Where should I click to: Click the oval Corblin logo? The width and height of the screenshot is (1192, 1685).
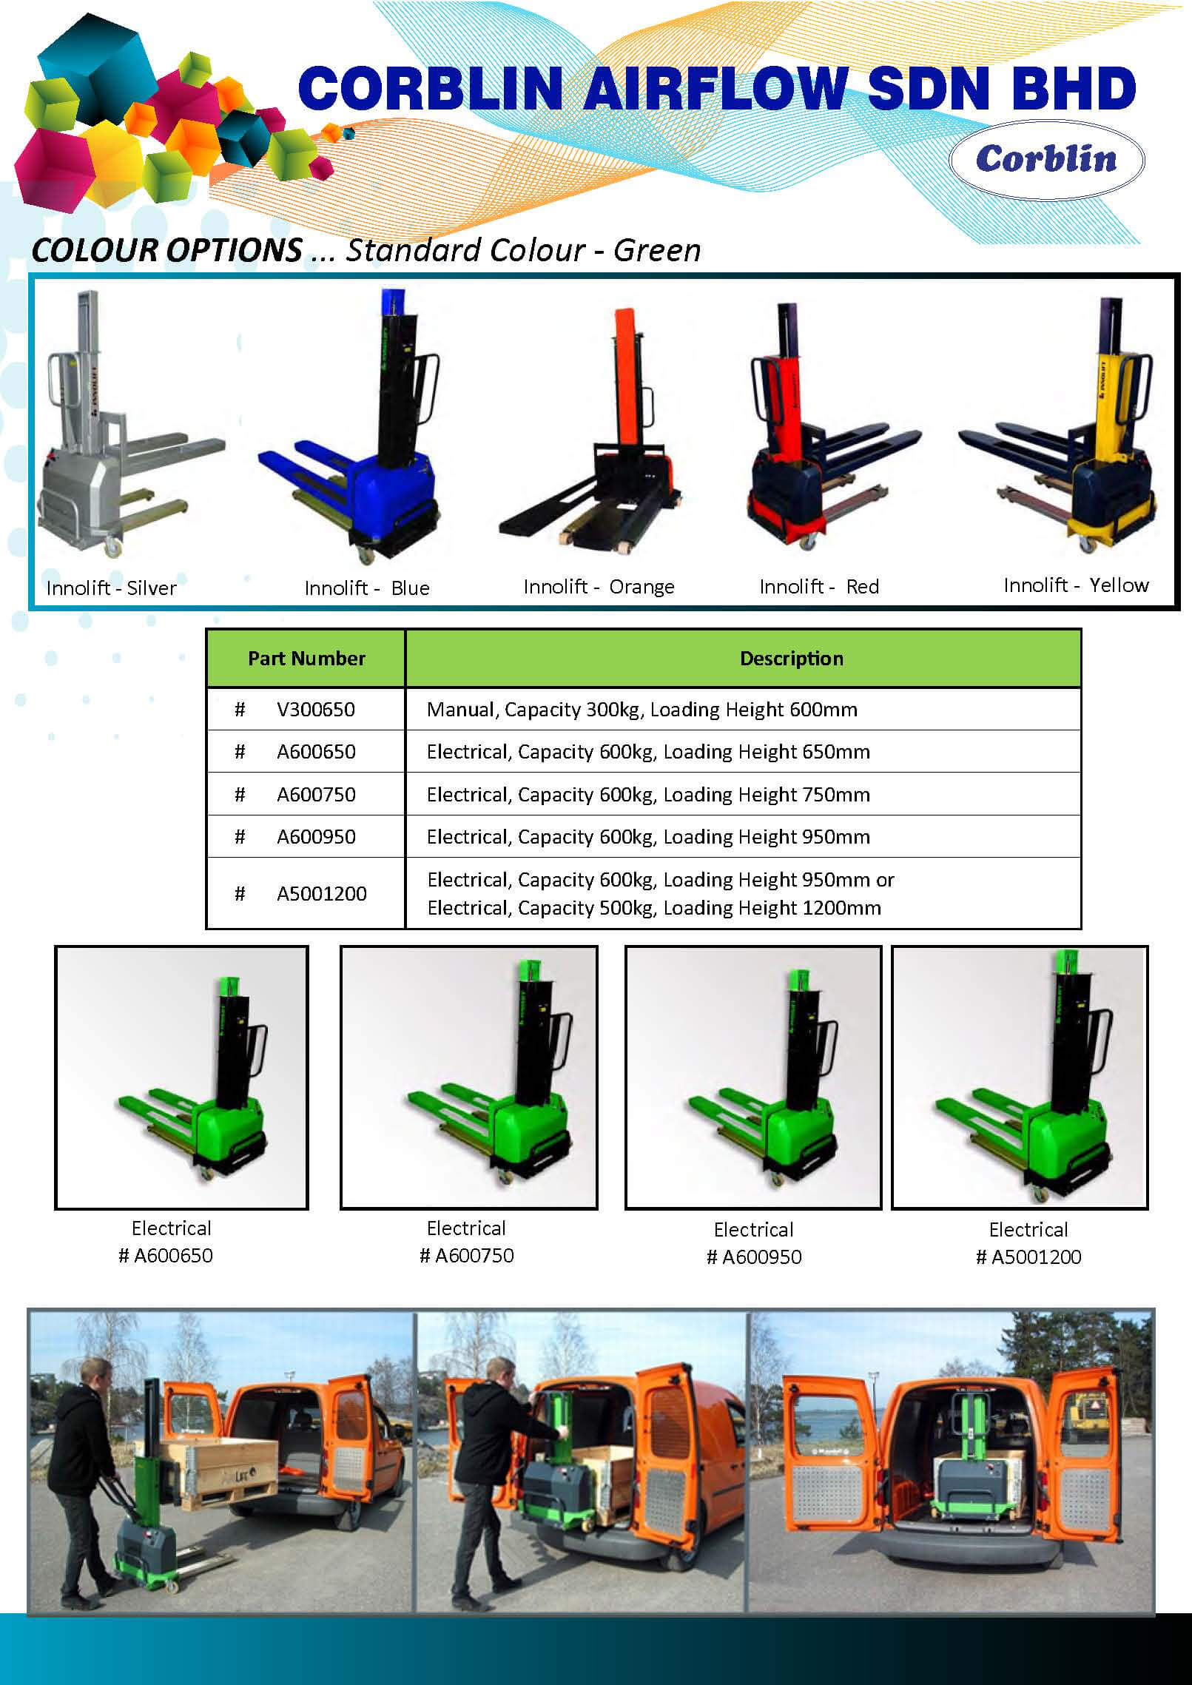point(1046,160)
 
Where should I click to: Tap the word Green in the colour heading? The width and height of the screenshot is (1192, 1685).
point(657,250)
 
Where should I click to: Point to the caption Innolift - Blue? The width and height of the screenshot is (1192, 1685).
point(367,588)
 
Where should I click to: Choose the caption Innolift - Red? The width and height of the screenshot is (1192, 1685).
point(819,586)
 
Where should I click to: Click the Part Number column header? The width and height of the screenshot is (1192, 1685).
point(306,658)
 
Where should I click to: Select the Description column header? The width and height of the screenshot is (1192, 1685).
point(792,658)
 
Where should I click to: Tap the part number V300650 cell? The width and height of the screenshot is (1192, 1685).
point(316,709)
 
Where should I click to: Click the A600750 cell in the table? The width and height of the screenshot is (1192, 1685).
point(316,794)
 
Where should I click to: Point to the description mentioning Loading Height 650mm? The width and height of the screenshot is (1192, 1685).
point(648,752)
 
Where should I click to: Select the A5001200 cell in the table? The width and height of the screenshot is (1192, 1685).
point(322,893)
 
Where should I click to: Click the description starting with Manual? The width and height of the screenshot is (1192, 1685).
point(642,709)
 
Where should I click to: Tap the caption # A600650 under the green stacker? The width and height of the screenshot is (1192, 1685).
point(166,1255)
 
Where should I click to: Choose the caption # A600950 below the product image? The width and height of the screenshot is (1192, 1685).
point(754,1257)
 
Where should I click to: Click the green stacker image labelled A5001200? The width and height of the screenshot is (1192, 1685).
point(1020,1077)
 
